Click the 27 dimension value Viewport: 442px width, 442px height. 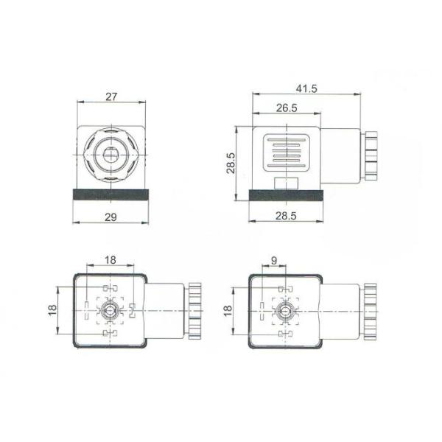click(111, 97)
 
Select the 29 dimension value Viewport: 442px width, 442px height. click(110, 217)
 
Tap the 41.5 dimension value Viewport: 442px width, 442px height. click(306, 88)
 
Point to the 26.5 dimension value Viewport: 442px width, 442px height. click(287, 108)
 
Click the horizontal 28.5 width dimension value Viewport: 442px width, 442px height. click(286, 216)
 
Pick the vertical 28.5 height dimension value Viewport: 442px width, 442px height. click(231, 163)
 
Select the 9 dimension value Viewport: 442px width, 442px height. click(274, 261)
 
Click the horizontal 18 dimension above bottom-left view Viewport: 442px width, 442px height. click(110, 260)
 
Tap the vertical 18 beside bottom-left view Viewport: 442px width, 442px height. click(52, 310)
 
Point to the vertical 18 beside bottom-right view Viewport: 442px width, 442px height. click(228, 311)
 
